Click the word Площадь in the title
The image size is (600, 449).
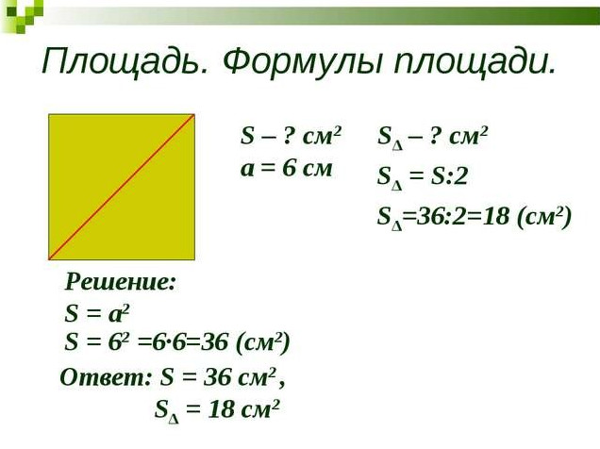[x=125, y=61]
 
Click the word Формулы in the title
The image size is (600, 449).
[x=302, y=61]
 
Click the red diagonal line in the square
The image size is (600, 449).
[x=122, y=187]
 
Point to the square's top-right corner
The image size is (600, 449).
[x=194, y=114]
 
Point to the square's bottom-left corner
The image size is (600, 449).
[x=49, y=260]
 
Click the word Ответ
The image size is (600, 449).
[x=104, y=377]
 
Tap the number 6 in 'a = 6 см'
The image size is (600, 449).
[x=289, y=168]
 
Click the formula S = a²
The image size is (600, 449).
[x=97, y=314]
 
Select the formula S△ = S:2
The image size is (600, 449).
[x=423, y=177]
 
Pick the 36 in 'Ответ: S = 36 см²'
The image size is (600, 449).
[x=217, y=378]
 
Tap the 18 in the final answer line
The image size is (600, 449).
[x=221, y=409]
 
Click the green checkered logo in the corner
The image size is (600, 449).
[x=22, y=15]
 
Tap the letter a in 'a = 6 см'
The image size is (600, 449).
[x=247, y=170]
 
